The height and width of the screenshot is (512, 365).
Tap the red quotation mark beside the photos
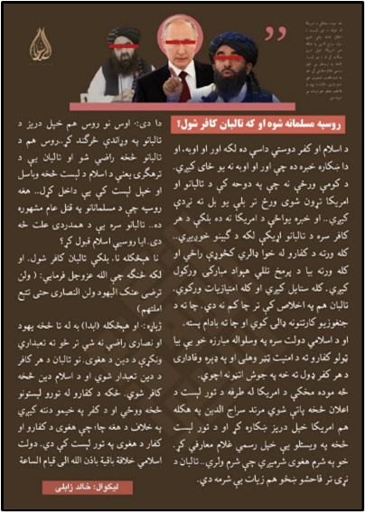[276, 34]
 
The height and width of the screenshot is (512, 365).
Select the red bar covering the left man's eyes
[123, 42]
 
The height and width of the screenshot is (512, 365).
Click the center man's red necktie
[185, 87]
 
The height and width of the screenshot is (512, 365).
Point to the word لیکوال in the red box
[123, 486]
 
